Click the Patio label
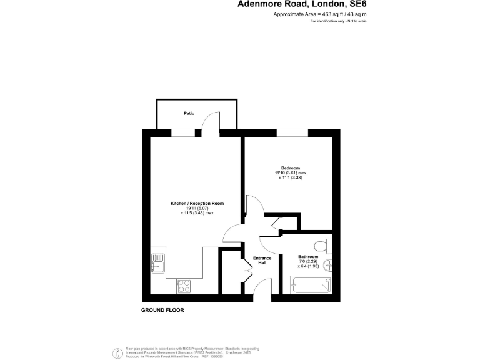pyautogui.click(x=189, y=114)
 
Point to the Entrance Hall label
pyautogui.click(x=262, y=261)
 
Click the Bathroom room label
pyautogui.click(x=308, y=257)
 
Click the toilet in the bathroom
pyautogui.click(x=322, y=244)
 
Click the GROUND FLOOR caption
pyautogui.click(x=162, y=310)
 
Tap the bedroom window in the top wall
pyautogui.click(x=292, y=132)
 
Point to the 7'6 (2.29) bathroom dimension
pyautogui.click(x=308, y=262)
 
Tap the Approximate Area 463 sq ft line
pyautogui.click(x=319, y=14)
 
